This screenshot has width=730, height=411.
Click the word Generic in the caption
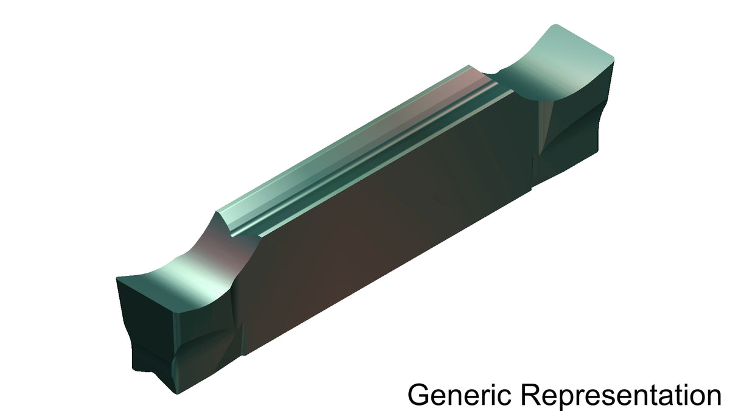click(459, 395)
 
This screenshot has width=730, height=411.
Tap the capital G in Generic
click(418, 395)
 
